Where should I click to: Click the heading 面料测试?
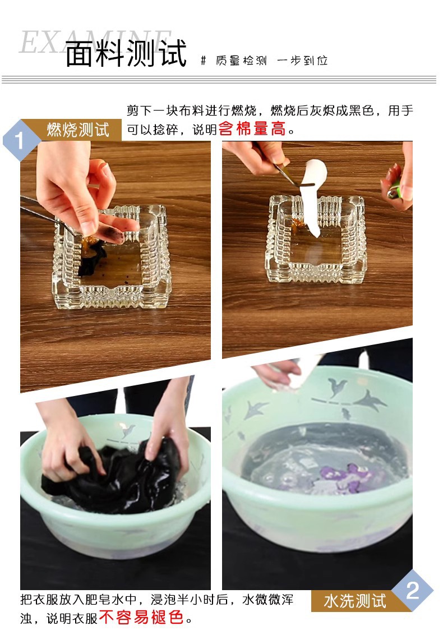(x=126, y=53)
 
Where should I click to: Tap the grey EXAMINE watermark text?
(x=95, y=42)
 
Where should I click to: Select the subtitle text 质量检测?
(x=241, y=61)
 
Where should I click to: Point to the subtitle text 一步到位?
(x=302, y=61)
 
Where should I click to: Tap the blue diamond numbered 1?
(x=19, y=141)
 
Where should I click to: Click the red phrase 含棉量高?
(x=252, y=129)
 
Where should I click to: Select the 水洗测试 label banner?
(x=355, y=601)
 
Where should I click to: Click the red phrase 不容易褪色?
(x=141, y=618)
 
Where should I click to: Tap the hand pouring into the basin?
(x=277, y=375)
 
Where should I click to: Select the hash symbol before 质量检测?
(x=204, y=61)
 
